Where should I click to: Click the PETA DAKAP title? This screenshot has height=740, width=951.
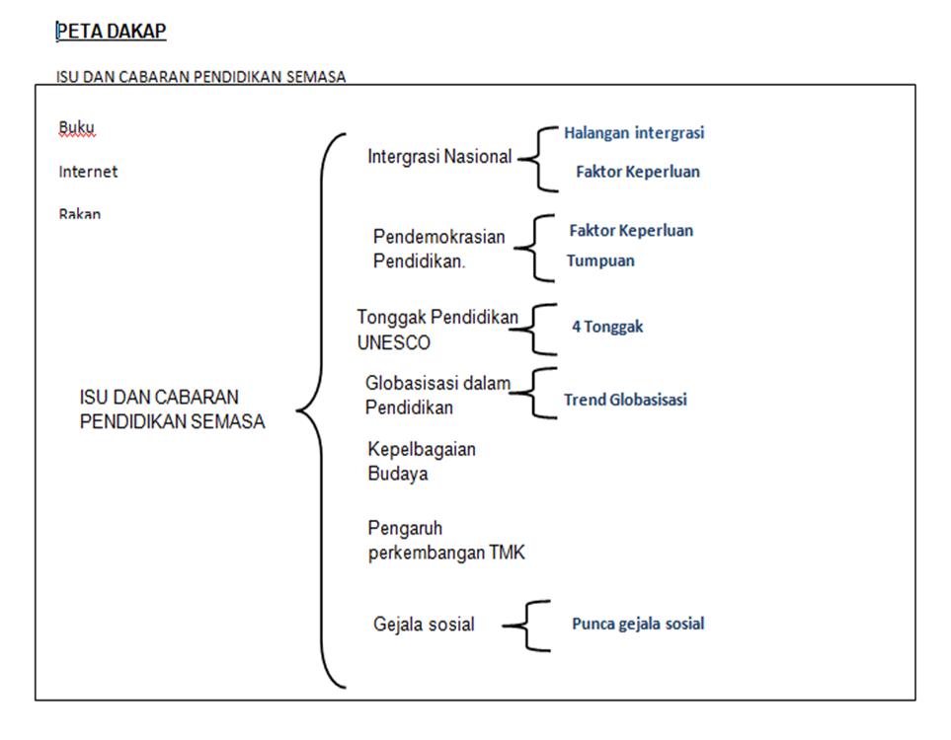pos(112,32)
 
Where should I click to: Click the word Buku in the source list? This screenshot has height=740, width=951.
pos(77,127)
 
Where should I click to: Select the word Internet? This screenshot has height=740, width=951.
pos(88,172)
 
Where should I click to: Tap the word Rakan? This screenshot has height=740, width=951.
pos(79,213)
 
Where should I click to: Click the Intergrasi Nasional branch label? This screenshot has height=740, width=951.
pos(439,157)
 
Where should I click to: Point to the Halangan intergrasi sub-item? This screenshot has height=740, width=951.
pos(634,132)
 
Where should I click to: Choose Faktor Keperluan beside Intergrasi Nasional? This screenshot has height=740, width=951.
pos(638,172)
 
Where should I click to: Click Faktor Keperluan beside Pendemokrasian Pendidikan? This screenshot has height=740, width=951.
pos(631,231)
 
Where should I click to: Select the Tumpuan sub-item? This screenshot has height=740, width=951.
pos(600,261)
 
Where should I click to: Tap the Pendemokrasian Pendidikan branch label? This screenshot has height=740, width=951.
pos(438,250)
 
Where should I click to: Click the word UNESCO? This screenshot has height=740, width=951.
pos(393,343)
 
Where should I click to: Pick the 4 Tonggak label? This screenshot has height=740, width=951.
pos(607,327)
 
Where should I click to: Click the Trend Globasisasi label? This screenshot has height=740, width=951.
pos(625,400)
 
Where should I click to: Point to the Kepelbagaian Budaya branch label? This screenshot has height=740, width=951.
pos(421,461)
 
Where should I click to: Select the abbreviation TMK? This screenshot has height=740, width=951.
pos(507,554)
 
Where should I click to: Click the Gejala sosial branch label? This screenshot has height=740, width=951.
pos(424,625)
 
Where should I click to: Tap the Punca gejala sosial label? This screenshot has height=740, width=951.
pos(638,624)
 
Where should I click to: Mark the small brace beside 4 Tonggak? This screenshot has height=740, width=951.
pos(539,329)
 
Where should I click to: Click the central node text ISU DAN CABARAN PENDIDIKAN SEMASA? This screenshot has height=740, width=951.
pos(173,408)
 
